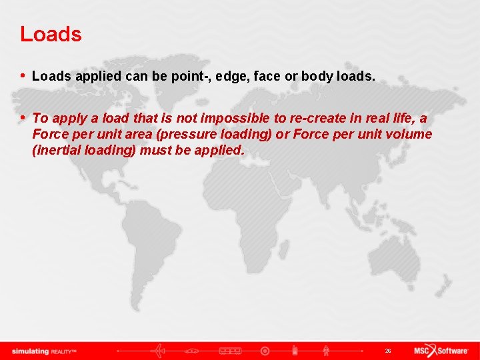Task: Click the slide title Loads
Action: [51, 34]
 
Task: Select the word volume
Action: [408, 134]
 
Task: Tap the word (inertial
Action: [57, 150]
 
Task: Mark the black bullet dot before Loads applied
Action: [24, 76]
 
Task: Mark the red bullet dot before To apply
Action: [24, 117]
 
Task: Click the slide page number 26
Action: [388, 351]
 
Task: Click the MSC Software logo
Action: [441, 351]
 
